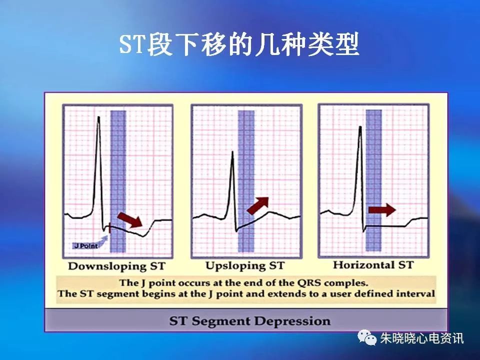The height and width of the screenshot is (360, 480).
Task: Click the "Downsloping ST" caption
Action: click(x=116, y=265)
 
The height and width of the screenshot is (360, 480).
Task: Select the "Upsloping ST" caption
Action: click(x=244, y=265)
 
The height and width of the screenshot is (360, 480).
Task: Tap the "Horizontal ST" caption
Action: click(x=373, y=264)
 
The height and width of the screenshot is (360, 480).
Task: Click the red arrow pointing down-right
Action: click(x=129, y=219)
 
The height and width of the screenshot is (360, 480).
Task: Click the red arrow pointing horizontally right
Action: click(x=381, y=209)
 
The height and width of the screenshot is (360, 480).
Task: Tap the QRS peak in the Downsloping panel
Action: click(x=98, y=118)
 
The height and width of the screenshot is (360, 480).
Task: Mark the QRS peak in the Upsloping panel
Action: click(x=232, y=152)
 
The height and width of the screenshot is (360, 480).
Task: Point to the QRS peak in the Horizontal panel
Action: click(x=360, y=127)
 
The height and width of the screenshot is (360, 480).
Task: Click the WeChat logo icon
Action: click(x=368, y=338)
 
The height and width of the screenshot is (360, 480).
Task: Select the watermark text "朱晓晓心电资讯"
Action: click(x=422, y=338)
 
